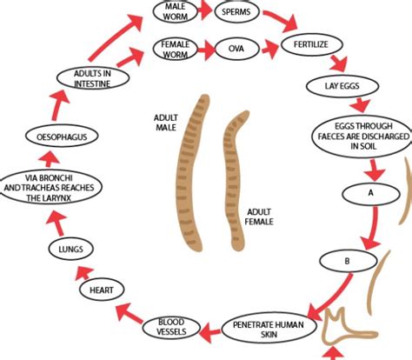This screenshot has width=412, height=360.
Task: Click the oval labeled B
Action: pos(345,260)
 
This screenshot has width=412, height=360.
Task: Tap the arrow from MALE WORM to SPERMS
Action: pos(206,13)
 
